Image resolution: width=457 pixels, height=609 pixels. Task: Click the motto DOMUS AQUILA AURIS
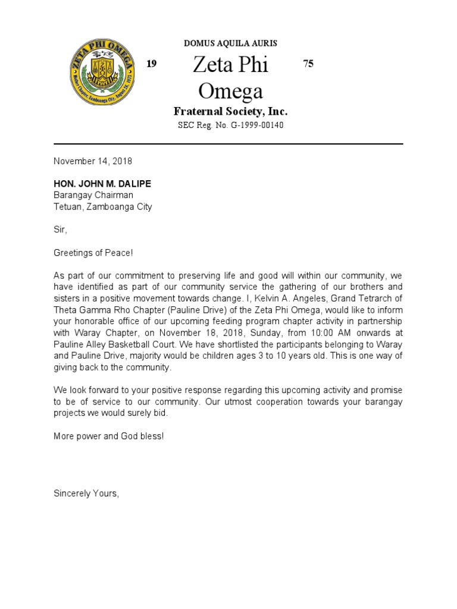pyautogui.click(x=230, y=43)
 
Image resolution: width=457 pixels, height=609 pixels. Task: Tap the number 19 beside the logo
pyautogui.click(x=152, y=64)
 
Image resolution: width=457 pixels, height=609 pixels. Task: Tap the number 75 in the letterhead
pyautogui.click(x=308, y=64)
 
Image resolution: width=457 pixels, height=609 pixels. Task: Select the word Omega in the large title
pyautogui.click(x=230, y=91)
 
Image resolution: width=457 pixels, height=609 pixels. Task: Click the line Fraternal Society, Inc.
pyautogui.click(x=230, y=111)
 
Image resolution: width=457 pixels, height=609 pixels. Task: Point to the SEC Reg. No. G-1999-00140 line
pyautogui.click(x=230, y=125)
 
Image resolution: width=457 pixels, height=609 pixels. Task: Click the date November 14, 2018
pyautogui.click(x=93, y=161)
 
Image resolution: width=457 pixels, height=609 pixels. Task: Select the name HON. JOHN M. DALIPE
pyautogui.click(x=102, y=184)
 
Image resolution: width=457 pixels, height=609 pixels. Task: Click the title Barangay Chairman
pyautogui.click(x=93, y=195)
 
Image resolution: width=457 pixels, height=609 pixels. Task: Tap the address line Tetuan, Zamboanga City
pyautogui.click(x=103, y=207)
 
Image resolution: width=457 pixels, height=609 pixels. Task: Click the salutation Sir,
pyautogui.click(x=61, y=230)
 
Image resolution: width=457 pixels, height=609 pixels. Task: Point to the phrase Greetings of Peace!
pyautogui.click(x=93, y=253)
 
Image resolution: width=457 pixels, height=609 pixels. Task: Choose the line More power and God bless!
pyautogui.click(x=108, y=436)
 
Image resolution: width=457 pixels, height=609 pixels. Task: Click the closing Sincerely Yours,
pyautogui.click(x=86, y=493)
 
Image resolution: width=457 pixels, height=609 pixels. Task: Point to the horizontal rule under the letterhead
pyautogui.click(x=228, y=144)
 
